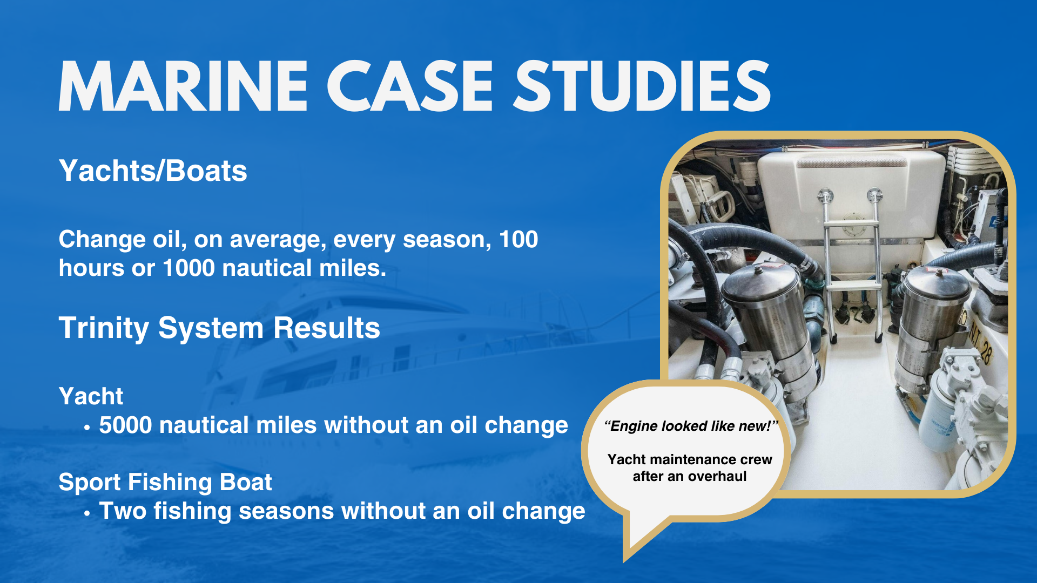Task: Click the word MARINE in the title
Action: [183, 86]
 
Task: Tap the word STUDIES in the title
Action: [642, 86]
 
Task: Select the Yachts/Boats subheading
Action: [153, 171]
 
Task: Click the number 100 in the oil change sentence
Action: [518, 239]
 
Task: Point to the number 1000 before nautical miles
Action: [188, 268]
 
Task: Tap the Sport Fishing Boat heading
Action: [165, 482]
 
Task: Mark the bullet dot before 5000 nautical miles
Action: [87, 428]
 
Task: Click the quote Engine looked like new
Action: [690, 426]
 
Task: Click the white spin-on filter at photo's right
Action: [940, 421]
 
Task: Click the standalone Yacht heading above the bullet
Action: [91, 396]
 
